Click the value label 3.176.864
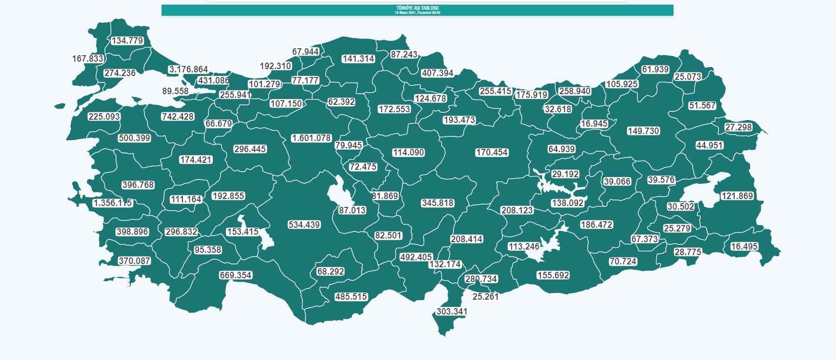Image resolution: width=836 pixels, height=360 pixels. [x=188, y=70]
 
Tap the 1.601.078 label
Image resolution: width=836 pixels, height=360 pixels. [x=311, y=138]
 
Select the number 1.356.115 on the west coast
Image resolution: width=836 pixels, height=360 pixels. [x=112, y=203]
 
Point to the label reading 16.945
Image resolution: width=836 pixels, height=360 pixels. [x=594, y=124]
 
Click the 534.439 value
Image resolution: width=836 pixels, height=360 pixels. [x=304, y=225]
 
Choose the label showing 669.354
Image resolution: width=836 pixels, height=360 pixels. [x=236, y=276]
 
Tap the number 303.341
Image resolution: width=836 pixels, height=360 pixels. [x=452, y=312]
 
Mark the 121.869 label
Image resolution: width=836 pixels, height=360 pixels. [x=737, y=196]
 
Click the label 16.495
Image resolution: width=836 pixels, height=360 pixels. [x=744, y=247]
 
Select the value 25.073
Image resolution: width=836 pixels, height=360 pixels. [x=688, y=77]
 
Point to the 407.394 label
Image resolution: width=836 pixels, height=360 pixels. [x=437, y=73]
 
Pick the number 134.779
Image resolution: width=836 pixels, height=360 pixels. [x=127, y=41]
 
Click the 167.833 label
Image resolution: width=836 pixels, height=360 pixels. [x=88, y=59]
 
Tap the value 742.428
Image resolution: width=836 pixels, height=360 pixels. [x=178, y=117]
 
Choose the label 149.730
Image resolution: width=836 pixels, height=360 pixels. [x=643, y=131]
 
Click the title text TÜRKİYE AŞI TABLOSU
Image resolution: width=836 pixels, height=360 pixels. [x=417, y=8]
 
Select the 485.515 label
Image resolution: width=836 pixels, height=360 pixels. [x=351, y=297]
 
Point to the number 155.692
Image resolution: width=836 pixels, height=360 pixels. [x=553, y=276]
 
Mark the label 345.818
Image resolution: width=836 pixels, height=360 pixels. [x=438, y=203]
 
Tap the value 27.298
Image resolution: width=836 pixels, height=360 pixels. [x=739, y=128]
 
